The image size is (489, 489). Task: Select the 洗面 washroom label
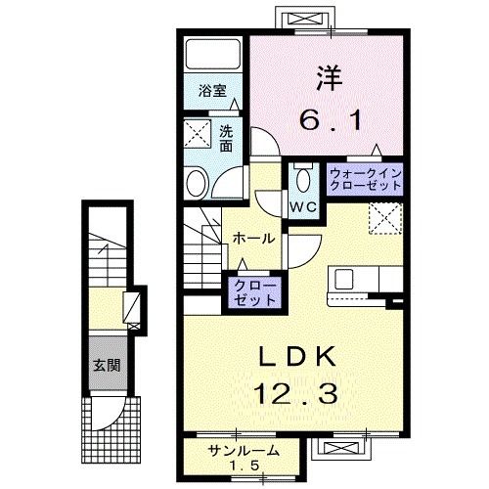tap(226, 138)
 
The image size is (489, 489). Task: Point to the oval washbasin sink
tap(198, 182)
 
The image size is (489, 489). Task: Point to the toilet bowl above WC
tap(301, 177)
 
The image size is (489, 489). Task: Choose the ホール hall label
tap(253, 238)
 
